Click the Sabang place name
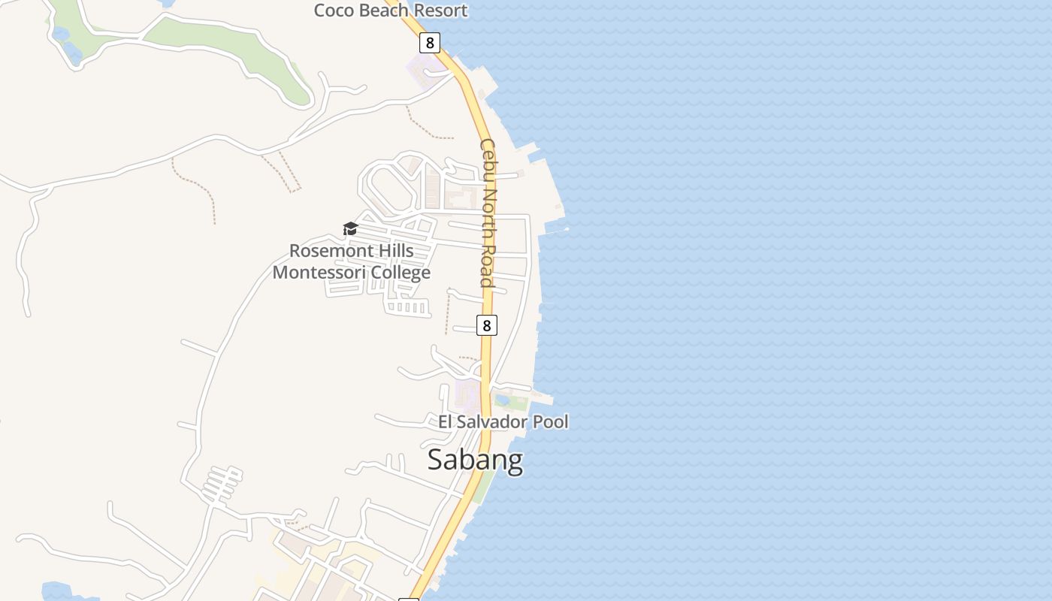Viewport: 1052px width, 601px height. [x=475, y=459]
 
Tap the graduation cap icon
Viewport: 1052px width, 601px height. [x=350, y=228]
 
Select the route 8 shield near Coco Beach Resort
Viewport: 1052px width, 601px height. [x=429, y=43]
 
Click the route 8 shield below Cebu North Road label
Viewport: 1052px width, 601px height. [x=487, y=325]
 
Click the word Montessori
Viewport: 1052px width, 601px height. [x=316, y=272]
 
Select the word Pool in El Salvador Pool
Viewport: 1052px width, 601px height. [x=551, y=421]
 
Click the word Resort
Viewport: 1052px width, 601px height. [x=438, y=11]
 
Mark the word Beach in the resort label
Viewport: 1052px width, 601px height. [x=381, y=11]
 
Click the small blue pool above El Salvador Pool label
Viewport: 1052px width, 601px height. [x=502, y=400]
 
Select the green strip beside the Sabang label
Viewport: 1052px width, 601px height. [x=484, y=487]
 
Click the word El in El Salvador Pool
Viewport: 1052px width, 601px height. [x=446, y=421]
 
